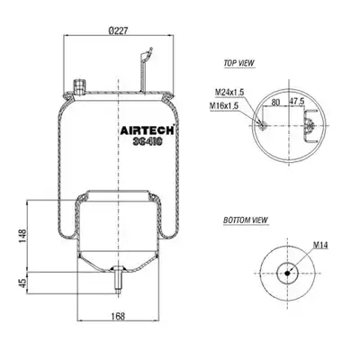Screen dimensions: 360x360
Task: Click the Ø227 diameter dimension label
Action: click(118, 31)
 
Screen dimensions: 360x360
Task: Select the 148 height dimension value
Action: click(22, 236)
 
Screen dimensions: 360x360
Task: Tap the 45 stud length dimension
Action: click(22, 283)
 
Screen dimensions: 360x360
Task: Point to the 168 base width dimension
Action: click(118, 316)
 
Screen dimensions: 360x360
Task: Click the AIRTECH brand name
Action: click(148, 130)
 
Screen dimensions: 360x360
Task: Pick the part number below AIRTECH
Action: click(148, 142)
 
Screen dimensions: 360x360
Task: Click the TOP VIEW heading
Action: click(238, 63)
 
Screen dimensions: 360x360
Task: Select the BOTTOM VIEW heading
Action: click(246, 220)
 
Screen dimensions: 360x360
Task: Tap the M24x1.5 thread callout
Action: click(229, 93)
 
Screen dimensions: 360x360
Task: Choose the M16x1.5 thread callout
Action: click(224, 105)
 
